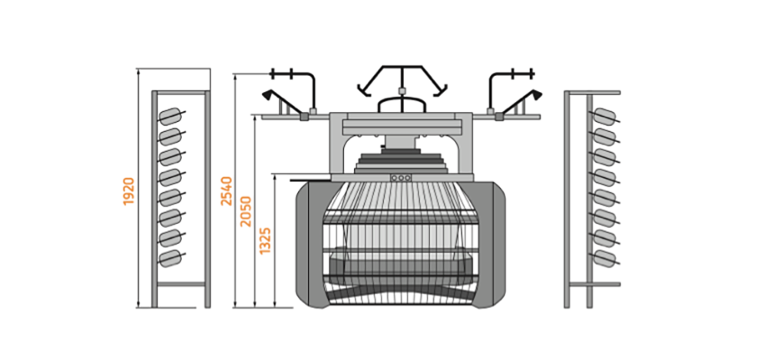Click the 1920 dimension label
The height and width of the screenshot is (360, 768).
tap(128, 191)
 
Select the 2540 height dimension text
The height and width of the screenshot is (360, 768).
tap(227, 191)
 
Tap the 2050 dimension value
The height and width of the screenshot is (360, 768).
tap(246, 212)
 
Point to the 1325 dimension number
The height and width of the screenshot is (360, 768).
tap(266, 240)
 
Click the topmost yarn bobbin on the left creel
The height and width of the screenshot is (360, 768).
tap(171, 117)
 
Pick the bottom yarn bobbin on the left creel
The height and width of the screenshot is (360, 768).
tap(171, 258)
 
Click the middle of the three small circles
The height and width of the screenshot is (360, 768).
tap(401, 178)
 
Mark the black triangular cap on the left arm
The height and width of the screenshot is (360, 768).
tap(267, 94)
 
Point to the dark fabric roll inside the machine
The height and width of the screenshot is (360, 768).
tap(402, 268)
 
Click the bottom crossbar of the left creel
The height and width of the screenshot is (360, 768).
tap(180, 283)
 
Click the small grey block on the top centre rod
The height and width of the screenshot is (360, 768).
tap(402, 91)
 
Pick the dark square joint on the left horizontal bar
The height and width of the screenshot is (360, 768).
tap(303, 117)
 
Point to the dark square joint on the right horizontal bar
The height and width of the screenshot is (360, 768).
tap(499, 117)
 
